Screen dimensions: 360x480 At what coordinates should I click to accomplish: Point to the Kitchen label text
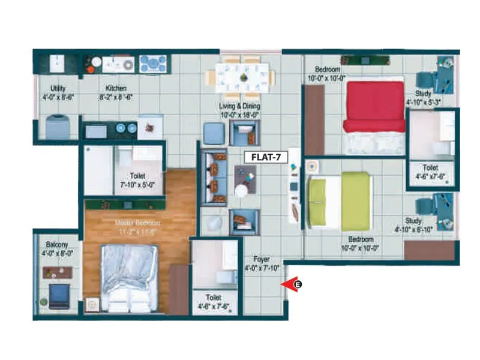(x=116, y=88)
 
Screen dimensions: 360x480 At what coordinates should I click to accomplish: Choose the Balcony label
(x=56, y=245)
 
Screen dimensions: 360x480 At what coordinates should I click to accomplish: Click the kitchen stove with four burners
(x=153, y=64)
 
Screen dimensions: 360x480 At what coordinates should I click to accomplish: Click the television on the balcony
(x=59, y=296)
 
